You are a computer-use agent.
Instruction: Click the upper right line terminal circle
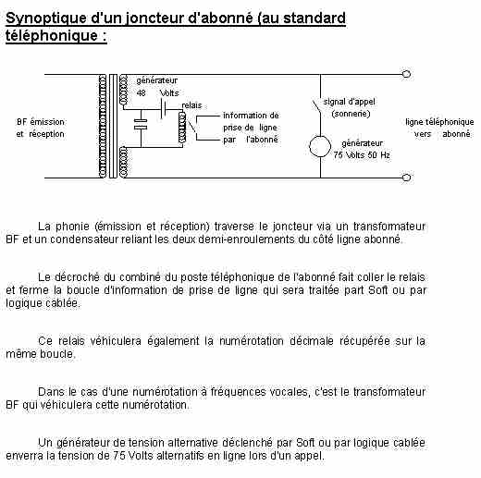pos(407,74)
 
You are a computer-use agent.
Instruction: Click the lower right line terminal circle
pos(407,178)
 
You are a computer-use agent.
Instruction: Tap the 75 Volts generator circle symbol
pos(320,146)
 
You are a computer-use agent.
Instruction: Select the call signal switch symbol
pos(317,107)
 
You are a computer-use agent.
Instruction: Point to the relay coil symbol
pos(182,128)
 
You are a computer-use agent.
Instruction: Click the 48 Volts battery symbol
pos(164,108)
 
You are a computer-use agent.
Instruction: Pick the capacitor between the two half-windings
pos(141,124)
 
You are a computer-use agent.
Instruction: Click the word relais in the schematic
pos(191,105)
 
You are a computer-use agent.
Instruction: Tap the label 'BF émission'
pos(41,122)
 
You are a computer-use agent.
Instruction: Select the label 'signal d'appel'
pos(349,102)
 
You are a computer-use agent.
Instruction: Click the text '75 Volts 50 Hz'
pos(362,154)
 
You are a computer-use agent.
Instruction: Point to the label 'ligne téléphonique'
pos(439,122)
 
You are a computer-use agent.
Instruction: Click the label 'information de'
pos(251,116)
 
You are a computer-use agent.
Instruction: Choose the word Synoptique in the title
pos(46,18)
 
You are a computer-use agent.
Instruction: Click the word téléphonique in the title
pos(51,35)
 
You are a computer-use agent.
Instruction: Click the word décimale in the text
pos(311,341)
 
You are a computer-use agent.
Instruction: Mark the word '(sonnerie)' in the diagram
pos(351,114)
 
